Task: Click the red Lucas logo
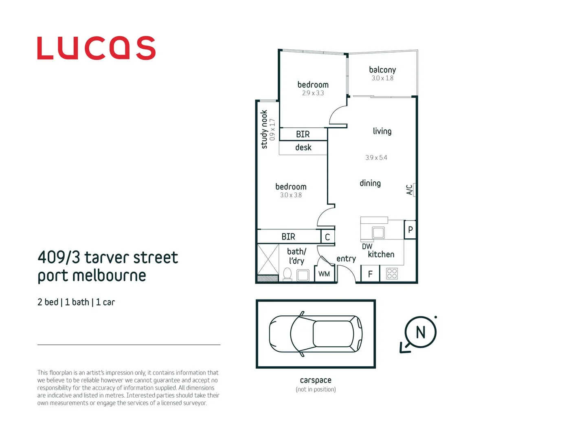coord(96,48)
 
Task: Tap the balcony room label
coord(382,70)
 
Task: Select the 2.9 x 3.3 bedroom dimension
coord(313,93)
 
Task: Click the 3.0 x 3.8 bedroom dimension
coord(291,195)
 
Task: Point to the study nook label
coord(264,130)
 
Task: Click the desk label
coord(303,147)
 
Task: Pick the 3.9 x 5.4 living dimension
coord(376,158)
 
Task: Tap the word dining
coord(370,183)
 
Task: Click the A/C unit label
coord(410,190)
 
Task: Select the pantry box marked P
coord(410,230)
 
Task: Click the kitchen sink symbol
coord(378,233)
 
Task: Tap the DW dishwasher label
coord(367,246)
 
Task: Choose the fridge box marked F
coord(370,274)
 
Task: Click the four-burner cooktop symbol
coord(392,273)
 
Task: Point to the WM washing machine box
coord(324,274)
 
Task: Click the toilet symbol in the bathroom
coord(288,274)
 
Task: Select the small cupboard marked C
coord(327,237)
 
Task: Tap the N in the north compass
coord(420,332)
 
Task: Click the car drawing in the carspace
coord(316,334)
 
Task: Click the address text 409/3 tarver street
coord(108,257)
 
